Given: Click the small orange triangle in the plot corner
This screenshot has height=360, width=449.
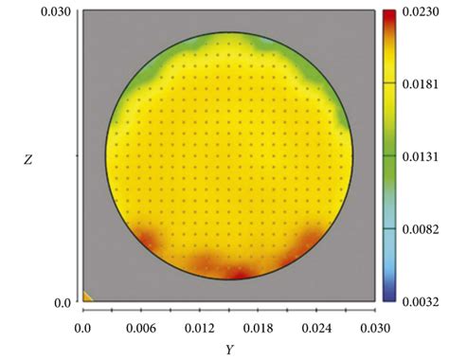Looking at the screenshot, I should (87, 297).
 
